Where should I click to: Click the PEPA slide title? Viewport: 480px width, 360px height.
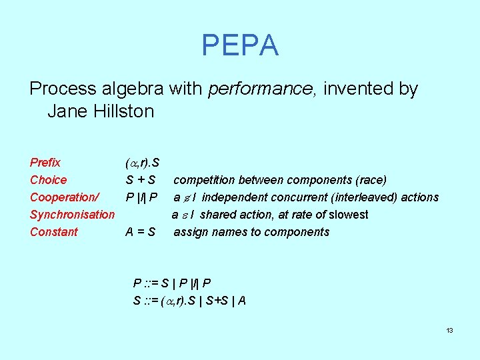point(240,45)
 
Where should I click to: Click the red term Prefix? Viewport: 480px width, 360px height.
point(45,163)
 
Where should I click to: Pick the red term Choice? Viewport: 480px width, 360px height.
point(49,180)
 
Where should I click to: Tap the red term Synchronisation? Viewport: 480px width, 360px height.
point(72,215)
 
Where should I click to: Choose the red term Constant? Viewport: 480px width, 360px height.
point(54,232)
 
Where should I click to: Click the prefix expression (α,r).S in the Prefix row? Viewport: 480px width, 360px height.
point(141,163)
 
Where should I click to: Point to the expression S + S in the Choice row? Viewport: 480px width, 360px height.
point(141,180)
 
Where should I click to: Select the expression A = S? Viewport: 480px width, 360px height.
point(141,232)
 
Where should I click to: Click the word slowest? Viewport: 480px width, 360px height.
point(348,215)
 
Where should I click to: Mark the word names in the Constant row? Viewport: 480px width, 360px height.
point(226,232)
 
